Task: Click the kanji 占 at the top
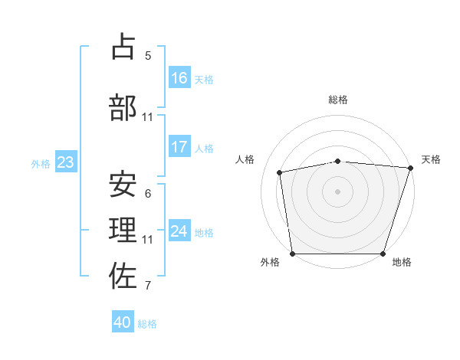point(123,47)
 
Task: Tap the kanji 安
point(123,185)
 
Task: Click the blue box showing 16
point(179,78)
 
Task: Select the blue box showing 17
point(179,147)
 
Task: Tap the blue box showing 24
point(179,231)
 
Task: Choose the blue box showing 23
point(65,162)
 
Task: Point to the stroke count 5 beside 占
point(148,56)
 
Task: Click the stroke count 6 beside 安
point(148,194)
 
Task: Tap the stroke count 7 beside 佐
point(148,286)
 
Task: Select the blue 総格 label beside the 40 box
point(147,324)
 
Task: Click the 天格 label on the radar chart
point(431,159)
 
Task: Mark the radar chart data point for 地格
point(383,254)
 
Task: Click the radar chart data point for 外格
point(292,254)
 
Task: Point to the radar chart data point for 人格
point(280,172)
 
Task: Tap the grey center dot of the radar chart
point(337,191)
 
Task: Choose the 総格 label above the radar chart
point(338,100)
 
